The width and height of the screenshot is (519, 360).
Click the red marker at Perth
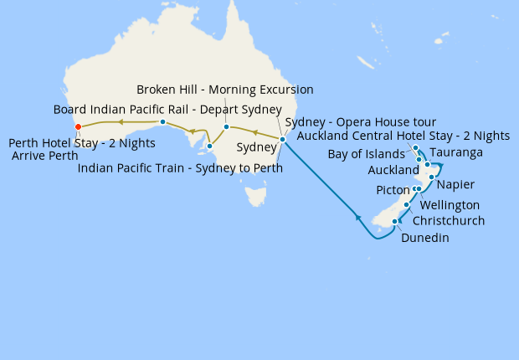pos(78,127)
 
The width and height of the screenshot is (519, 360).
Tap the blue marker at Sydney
pos(282,139)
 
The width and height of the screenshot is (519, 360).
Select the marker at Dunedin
pos(395,221)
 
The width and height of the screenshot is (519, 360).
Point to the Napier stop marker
pos(431,177)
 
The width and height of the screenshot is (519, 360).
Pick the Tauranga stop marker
pos(428,164)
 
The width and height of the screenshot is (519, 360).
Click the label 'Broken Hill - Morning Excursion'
pos(224,90)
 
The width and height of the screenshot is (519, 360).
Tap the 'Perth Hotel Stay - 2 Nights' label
pos(81,143)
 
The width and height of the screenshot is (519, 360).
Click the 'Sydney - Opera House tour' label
pos(360,122)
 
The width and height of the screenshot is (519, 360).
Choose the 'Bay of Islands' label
pos(367,155)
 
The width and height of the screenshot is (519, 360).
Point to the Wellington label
pos(450,205)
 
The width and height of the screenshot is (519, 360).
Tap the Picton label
pos(393,191)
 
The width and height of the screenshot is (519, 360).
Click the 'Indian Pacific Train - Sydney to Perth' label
pos(179,168)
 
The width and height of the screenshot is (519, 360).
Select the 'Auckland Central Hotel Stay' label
pos(403,136)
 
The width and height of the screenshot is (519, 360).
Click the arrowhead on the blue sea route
pos(359,218)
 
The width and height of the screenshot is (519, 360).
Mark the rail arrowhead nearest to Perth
pos(120,122)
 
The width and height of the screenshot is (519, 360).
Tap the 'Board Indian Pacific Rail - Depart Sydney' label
pos(167,110)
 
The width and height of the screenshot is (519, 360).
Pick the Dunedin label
pos(425,239)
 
